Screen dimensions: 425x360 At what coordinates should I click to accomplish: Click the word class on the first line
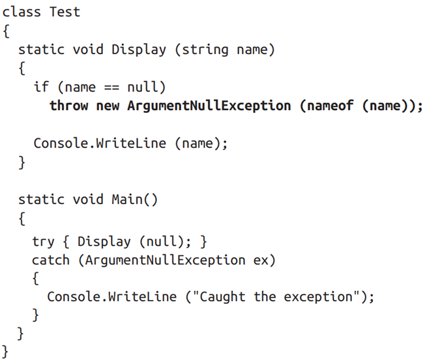[22, 12]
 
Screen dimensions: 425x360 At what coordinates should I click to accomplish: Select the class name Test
[65, 12]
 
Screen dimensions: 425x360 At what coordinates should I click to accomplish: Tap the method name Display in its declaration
[138, 50]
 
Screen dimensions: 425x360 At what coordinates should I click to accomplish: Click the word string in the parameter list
[205, 50]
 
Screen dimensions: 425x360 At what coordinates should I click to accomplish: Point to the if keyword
[41, 87]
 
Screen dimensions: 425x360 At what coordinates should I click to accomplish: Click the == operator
[111, 87]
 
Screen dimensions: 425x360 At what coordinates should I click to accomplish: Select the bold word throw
[69, 106]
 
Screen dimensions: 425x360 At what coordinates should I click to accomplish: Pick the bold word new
[108, 106]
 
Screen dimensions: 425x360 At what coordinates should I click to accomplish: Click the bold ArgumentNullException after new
[209, 106]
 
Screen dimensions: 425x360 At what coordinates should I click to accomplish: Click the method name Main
[127, 200]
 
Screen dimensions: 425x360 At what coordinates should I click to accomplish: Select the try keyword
[43, 242]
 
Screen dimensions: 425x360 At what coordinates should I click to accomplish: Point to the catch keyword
[51, 260]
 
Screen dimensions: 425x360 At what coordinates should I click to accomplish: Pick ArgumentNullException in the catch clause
[166, 261]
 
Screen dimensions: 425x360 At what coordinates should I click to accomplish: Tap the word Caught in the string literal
[222, 297]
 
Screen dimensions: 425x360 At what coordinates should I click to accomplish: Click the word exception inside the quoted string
[319, 297]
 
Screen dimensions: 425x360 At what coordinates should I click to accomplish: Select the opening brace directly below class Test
[6, 31]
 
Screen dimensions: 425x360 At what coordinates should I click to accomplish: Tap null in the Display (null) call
[162, 241]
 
